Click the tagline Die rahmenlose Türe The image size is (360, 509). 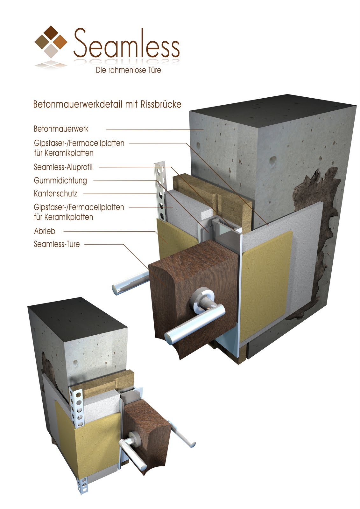click(128, 70)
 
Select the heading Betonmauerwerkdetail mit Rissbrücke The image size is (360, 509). click(107, 104)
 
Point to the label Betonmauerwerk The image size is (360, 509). click(61, 129)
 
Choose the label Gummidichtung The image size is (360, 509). click(60, 181)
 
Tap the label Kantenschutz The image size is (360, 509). click(55, 194)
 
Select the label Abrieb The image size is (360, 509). click(44, 231)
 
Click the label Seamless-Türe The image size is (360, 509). click(57, 244)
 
